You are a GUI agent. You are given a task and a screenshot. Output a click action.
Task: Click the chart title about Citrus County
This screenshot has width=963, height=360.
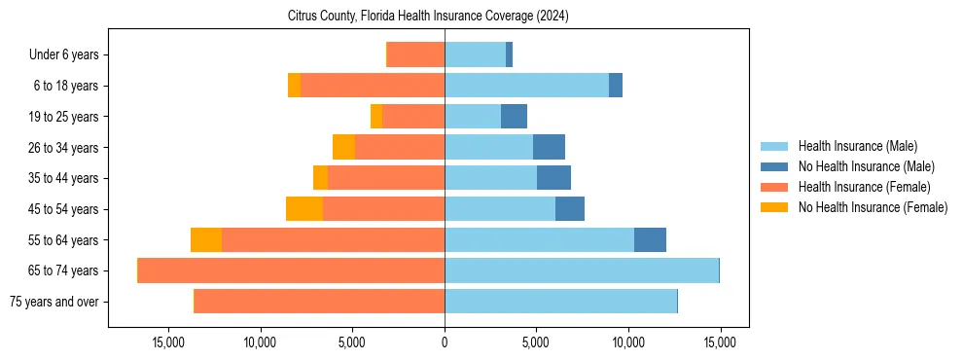428,17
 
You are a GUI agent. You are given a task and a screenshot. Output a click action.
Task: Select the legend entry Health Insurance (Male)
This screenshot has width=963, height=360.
857,146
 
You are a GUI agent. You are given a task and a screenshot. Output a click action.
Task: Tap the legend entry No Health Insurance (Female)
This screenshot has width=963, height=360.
873,207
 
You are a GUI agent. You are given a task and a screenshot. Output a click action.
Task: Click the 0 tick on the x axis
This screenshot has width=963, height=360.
445,342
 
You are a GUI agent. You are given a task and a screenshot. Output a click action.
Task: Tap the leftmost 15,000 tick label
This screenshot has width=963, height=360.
168,342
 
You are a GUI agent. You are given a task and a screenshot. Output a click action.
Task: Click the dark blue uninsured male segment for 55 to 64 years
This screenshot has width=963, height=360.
650,240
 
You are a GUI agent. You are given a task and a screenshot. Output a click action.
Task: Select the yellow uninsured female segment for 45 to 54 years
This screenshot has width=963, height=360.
304,209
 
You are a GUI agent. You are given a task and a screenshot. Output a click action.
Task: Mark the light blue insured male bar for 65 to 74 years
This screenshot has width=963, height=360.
582,270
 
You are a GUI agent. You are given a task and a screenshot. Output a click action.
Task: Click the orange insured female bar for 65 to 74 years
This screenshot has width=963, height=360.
291,270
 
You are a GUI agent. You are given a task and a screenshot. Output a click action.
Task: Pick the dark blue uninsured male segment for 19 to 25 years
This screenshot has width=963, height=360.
514,117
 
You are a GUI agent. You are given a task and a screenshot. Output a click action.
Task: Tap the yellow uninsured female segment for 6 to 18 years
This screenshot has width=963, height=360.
294,86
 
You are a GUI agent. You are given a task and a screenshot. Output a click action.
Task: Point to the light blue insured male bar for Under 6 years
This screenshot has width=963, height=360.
475,55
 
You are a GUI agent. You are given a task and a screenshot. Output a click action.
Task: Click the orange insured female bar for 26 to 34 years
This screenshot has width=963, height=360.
400,148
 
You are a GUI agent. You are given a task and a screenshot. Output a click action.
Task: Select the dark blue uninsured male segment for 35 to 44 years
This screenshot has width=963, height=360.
553,178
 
